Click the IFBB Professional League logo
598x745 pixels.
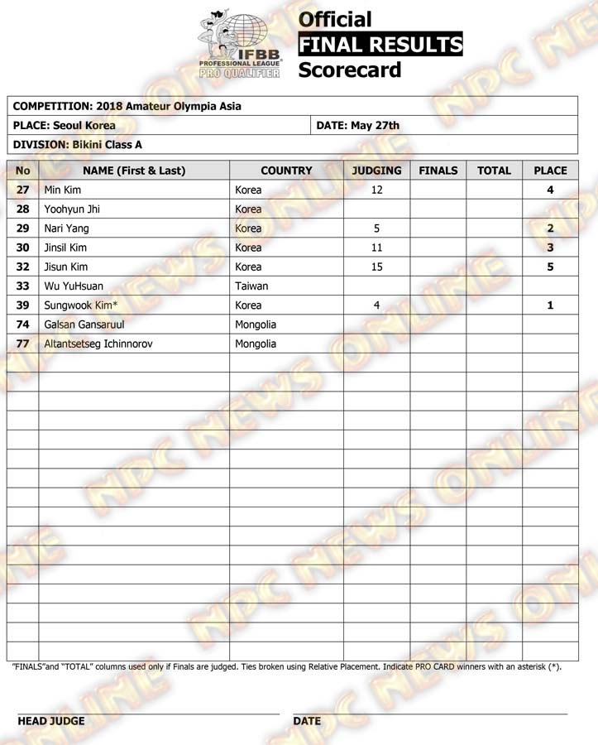coord(239,46)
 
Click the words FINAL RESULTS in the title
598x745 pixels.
coord(380,44)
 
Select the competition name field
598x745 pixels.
coord(128,107)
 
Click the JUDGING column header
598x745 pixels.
coord(376,171)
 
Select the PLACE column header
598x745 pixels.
coord(550,171)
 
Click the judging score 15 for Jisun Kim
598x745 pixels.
coord(376,267)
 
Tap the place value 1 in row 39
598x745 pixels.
coord(550,305)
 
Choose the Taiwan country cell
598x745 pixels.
coord(251,286)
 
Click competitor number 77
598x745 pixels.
coord(23,344)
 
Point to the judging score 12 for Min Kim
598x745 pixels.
coord(376,190)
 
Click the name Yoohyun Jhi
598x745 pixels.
coord(72,209)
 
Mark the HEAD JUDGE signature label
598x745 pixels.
coord(50,721)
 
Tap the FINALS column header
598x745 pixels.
coord(438,171)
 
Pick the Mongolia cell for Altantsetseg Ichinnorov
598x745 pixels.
coord(256,344)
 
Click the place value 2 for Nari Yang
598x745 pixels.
coord(550,228)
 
